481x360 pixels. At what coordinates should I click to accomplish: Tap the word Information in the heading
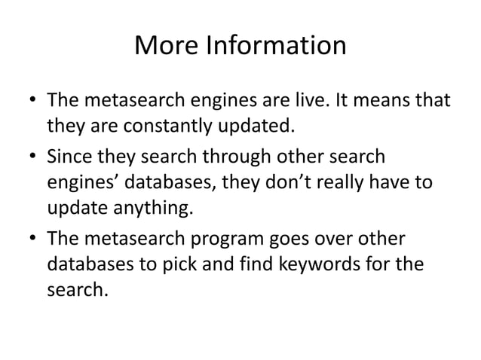pyautogui.click(x=274, y=47)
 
